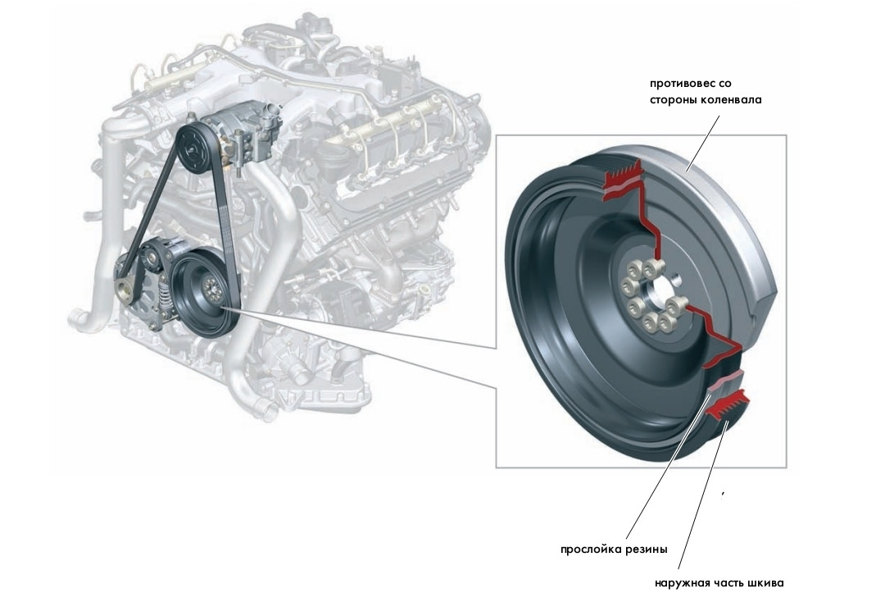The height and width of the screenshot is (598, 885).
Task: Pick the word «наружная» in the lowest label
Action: point(680,584)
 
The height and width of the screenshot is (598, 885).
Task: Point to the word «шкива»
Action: point(767,584)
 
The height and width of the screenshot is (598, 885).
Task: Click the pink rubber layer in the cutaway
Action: point(724,381)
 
